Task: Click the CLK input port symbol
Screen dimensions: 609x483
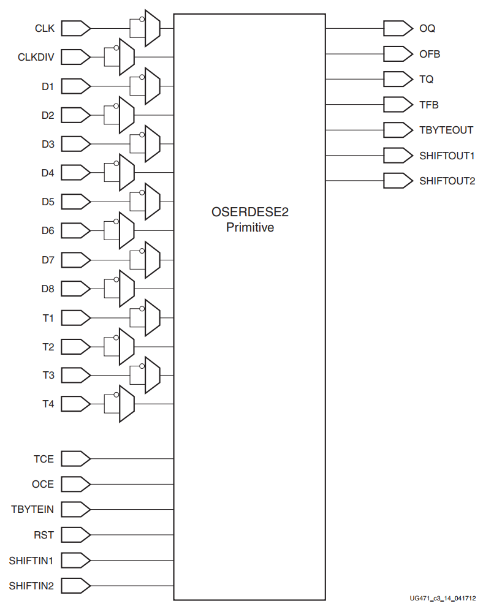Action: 77,28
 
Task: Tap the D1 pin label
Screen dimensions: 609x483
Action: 48,86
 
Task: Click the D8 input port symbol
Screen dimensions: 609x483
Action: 77,289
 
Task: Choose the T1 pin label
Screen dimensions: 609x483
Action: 48,318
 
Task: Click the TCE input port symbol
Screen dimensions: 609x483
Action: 77,458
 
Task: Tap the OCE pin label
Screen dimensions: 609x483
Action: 43,484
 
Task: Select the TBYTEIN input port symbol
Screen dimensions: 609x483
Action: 77,509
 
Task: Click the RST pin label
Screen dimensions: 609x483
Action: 44,535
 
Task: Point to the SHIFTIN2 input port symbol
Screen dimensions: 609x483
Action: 77,586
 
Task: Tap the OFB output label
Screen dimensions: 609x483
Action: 430,54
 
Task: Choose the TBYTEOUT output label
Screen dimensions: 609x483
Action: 446,130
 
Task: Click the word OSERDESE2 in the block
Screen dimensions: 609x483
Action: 249,213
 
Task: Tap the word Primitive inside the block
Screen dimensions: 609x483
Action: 249,228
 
